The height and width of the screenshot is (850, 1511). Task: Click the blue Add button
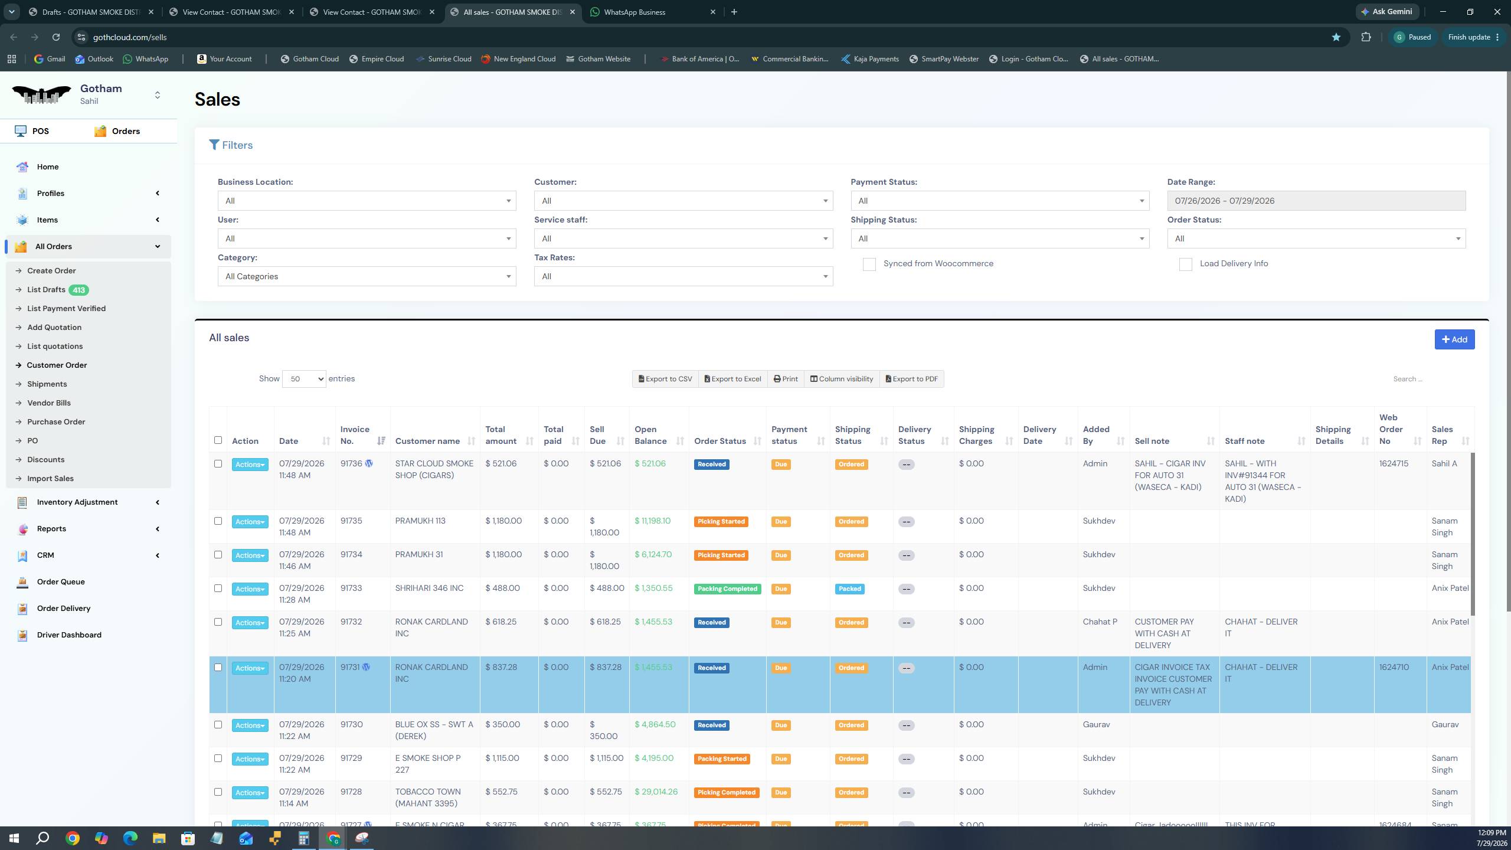pos(1454,339)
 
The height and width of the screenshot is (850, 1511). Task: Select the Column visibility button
pos(841,379)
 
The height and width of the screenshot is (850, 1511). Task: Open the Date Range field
pos(1316,201)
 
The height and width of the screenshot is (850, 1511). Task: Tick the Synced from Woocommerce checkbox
pos(869,264)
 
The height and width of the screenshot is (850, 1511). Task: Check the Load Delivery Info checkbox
pos(1185,264)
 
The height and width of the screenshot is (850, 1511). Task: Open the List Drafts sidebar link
pos(46,290)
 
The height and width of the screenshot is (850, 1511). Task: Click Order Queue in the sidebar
pos(61,582)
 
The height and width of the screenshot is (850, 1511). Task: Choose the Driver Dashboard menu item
pos(69,635)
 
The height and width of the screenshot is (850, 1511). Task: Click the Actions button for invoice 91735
pos(250,522)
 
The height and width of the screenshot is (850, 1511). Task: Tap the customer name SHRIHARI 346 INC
pos(429,589)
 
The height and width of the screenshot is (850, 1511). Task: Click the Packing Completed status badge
pos(727,589)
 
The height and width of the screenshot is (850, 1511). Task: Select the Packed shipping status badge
pos(850,589)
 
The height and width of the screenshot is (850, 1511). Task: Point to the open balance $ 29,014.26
pos(656,792)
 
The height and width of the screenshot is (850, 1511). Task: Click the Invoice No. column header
pos(355,435)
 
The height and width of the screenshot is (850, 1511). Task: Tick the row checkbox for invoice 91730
pos(218,725)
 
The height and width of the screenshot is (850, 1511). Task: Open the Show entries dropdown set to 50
pos(304,379)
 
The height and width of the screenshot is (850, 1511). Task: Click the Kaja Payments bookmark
pos(870,59)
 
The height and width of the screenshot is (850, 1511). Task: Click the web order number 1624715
pos(1394,464)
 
